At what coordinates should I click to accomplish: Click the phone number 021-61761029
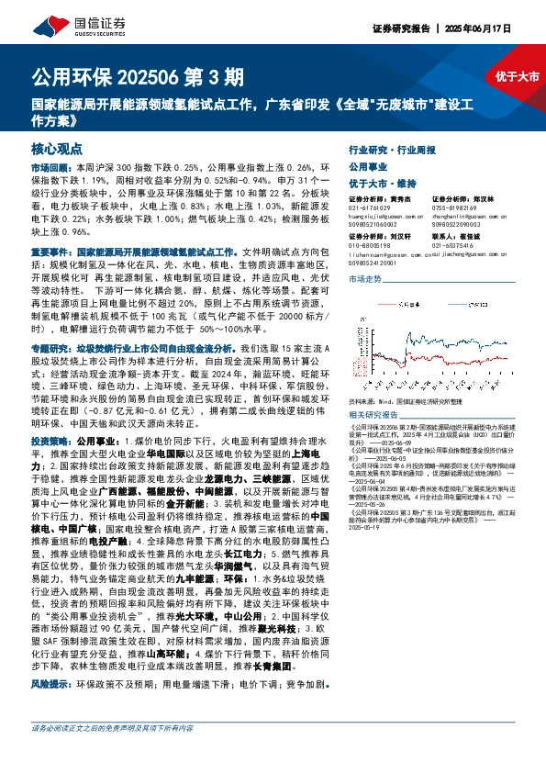tap(368, 208)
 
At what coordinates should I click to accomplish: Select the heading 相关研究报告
tap(376, 415)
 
